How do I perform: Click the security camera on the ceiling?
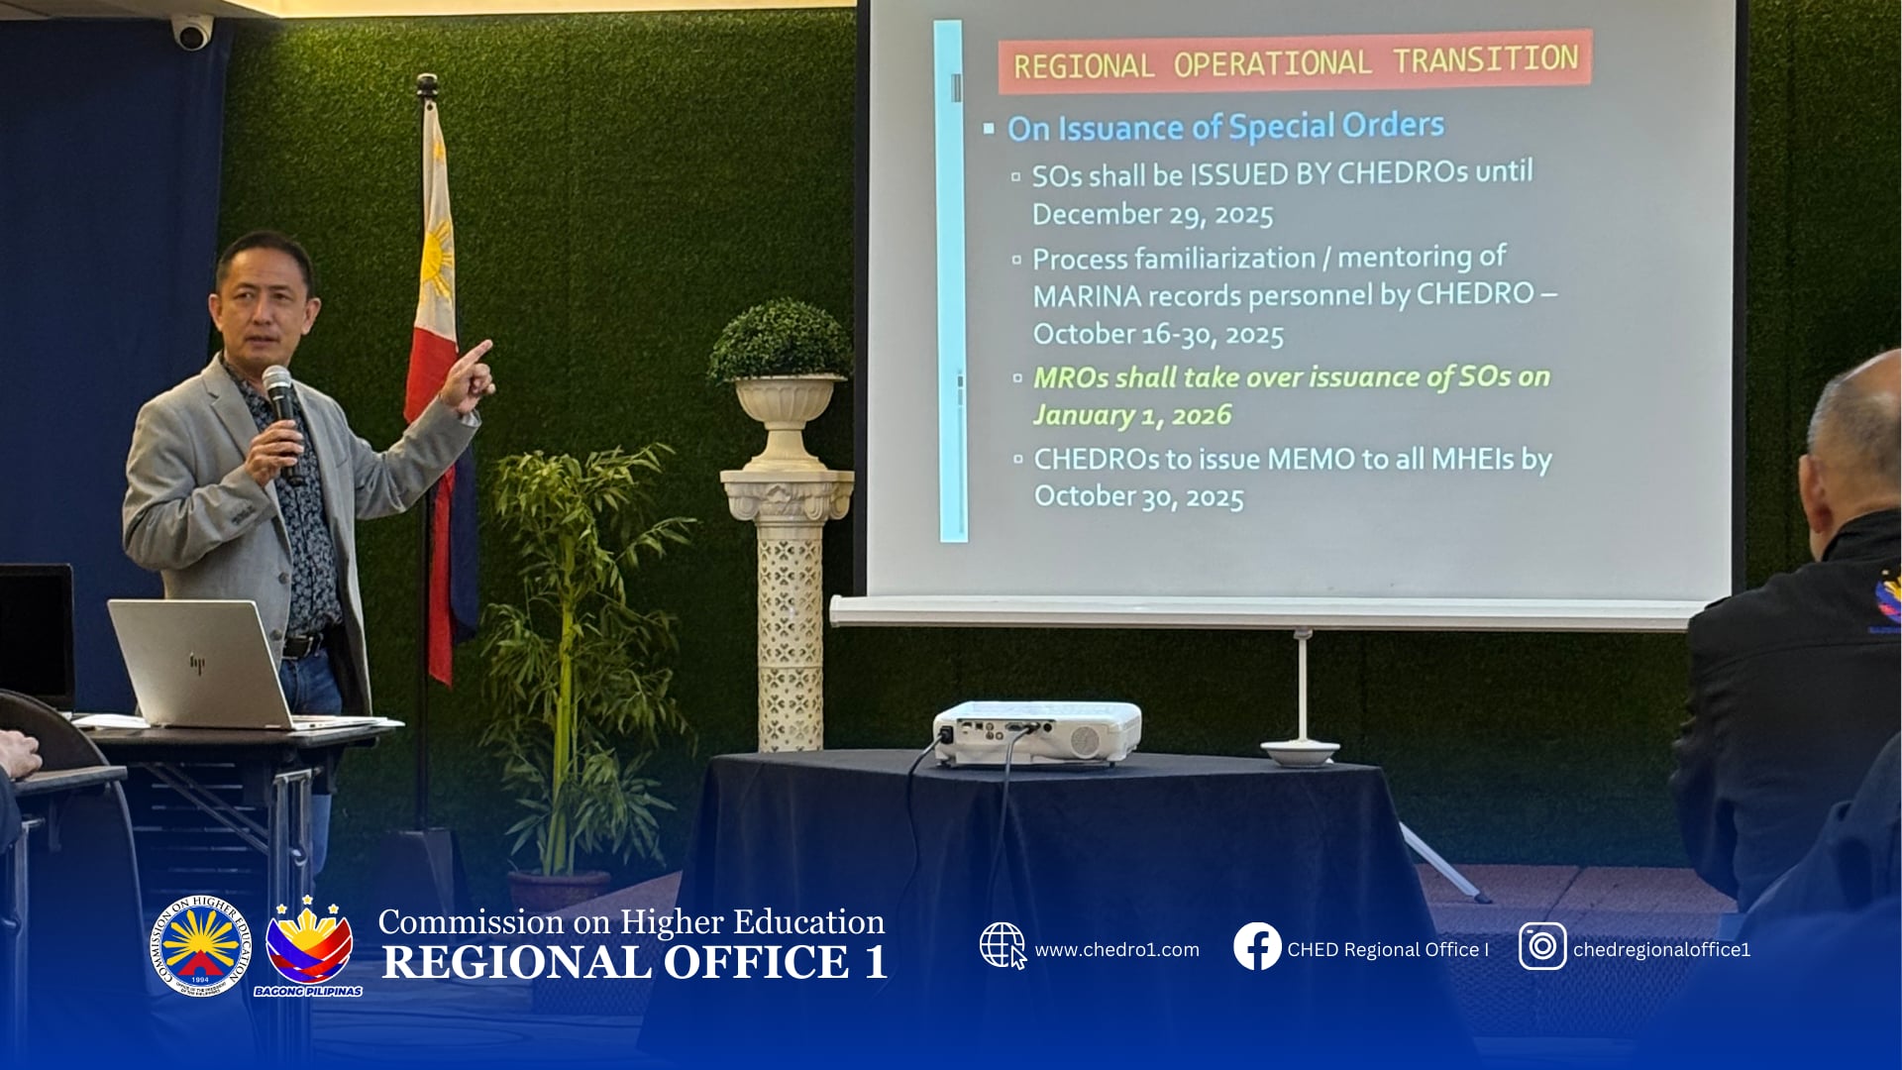(x=191, y=32)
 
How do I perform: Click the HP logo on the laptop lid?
(x=197, y=663)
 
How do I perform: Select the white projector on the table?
(x=1036, y=733)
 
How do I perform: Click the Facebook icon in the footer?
(x=1257, y=946)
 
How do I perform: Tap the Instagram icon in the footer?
(x=1542, y=946)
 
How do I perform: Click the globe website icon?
(x=1003, y=945)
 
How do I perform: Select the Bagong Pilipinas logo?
(x=308, y=947)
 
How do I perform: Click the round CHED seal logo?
(x=200, y=946)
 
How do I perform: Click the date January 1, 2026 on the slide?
(x=1132, y=415)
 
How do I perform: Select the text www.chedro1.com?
(x=1116, y=949)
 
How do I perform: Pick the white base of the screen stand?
(x=1301, y=752)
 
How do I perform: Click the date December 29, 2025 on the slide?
(x=1152, y=215)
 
